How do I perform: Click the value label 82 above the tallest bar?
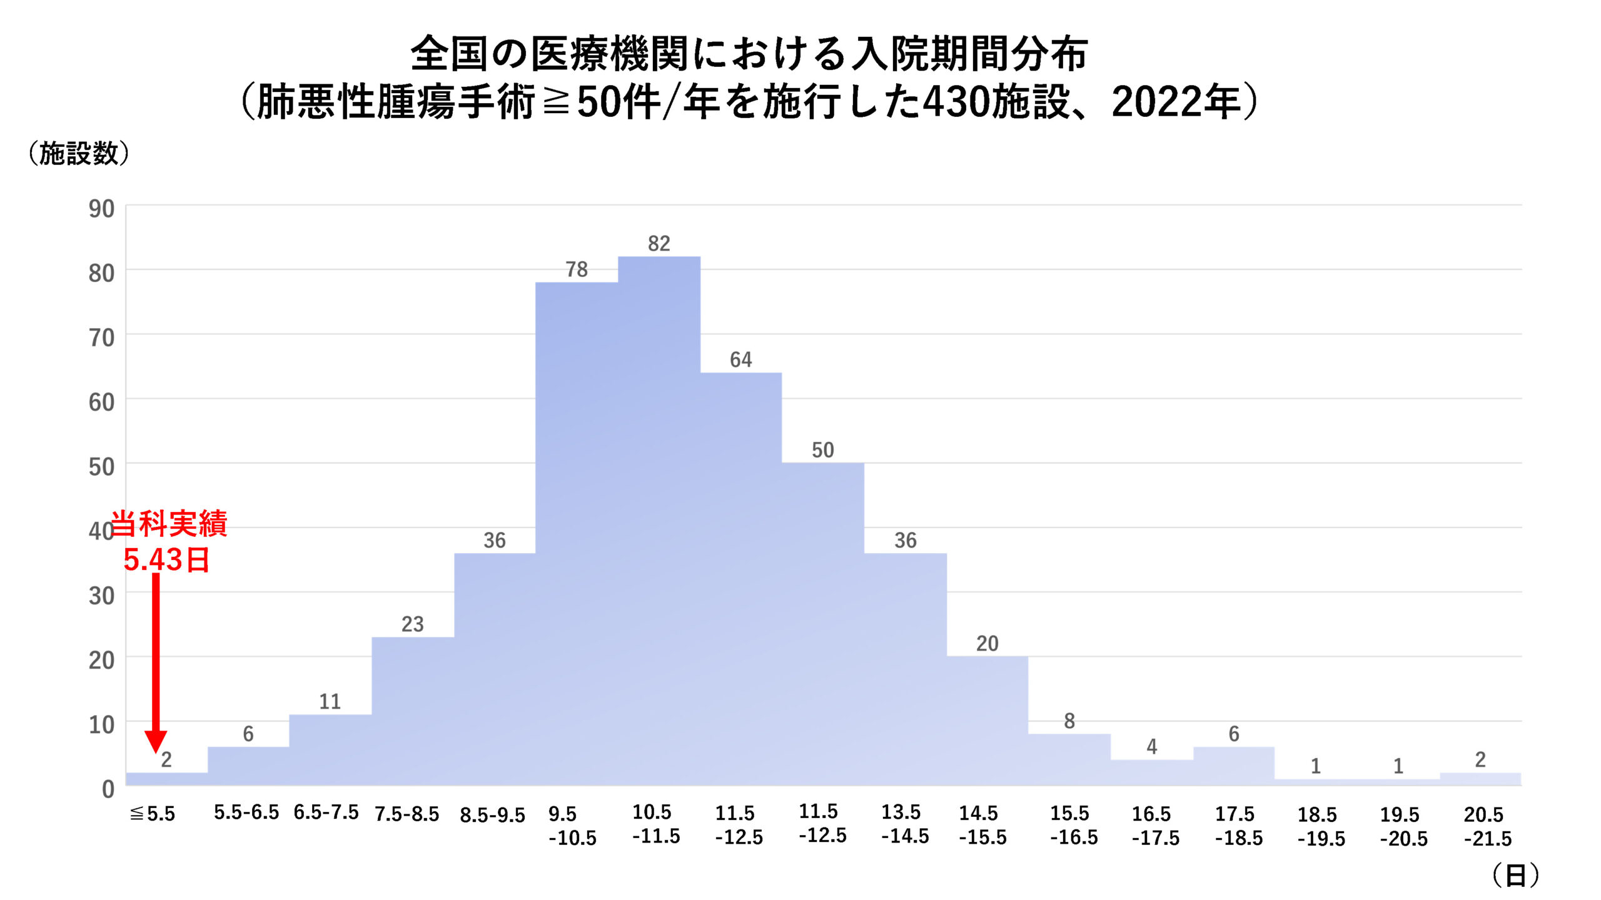(659, 243)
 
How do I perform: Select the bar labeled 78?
(577, 531)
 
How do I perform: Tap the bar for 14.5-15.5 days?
(987, 719)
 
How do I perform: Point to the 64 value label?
(740, 359)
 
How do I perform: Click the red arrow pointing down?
(156, 662)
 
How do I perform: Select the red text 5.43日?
(166, 559)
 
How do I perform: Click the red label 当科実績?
(169, 523)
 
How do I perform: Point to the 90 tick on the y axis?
(101, 209)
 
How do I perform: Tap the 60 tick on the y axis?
(101, 402)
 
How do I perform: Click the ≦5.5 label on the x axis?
(153, 814)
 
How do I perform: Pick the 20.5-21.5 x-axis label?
(1487, 826)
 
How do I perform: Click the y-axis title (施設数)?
(79, 153)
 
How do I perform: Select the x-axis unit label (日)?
(1515, 875)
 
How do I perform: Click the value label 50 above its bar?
(822, 450)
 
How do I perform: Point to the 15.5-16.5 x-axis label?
(1073, 825)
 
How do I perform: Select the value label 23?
(412, 624)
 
